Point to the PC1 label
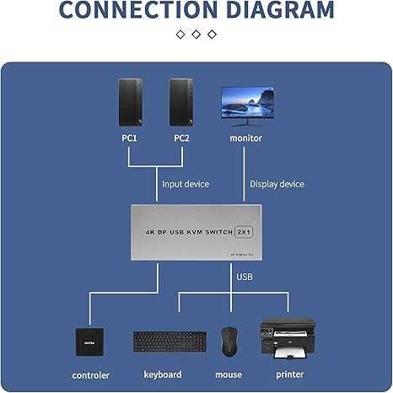pyautogui.click(x=130, y=137)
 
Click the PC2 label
pyautogui.click(x=181, y=137)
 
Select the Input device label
pyautogui.click(x=186, y=184)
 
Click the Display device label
pyautogui.click(x=277, y=184)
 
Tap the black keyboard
pyautogui.click(x=170, y=342)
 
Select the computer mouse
pyautogui.click(x=228, y=341)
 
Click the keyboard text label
pyautogui.click(x=163, y=374)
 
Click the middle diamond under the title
pyautogui.click(x=196, y=35)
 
